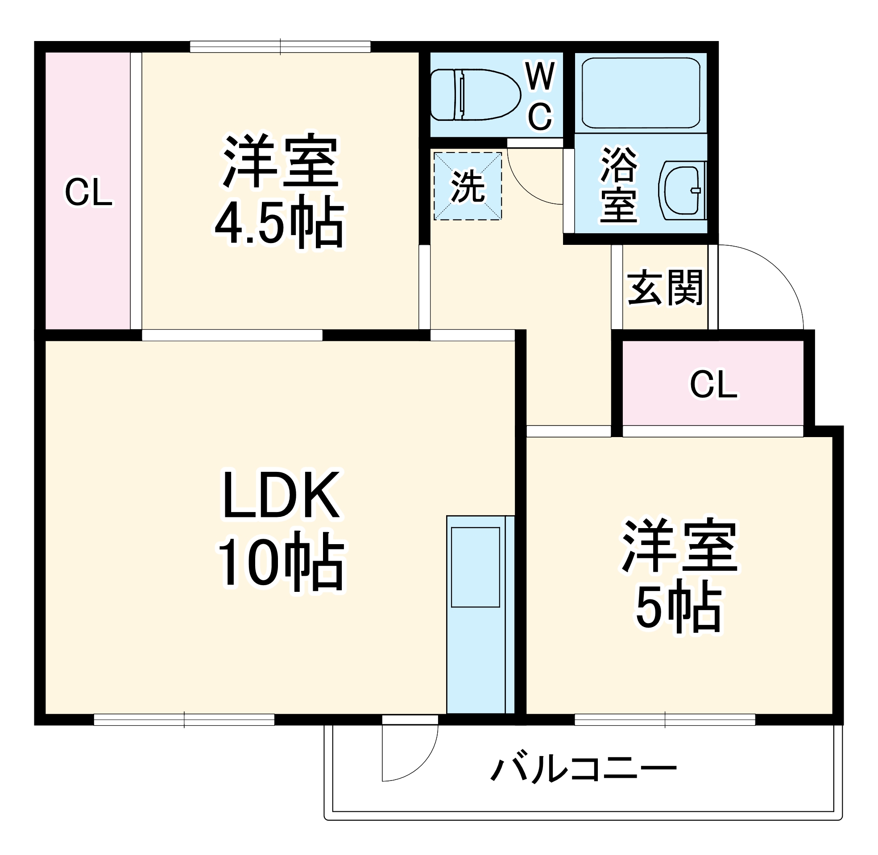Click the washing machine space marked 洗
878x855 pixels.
[468, 186]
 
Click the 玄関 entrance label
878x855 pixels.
[665, 287]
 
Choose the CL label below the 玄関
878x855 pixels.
[713, 384]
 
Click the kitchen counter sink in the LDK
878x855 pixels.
[475, 567]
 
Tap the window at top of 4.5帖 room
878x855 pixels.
[280, 47]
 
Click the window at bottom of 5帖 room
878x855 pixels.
[665, 720]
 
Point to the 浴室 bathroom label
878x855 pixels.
[619, 185]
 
